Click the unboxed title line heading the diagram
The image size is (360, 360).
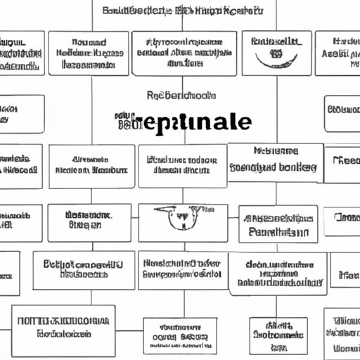click(x=183, y=11)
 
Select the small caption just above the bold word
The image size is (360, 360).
click(x=181, y=96)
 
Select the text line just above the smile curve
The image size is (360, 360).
click(x=276, y=38)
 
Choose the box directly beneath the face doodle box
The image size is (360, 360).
click(x=183, y=270)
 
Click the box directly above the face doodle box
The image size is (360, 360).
click(x=183, y=167)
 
